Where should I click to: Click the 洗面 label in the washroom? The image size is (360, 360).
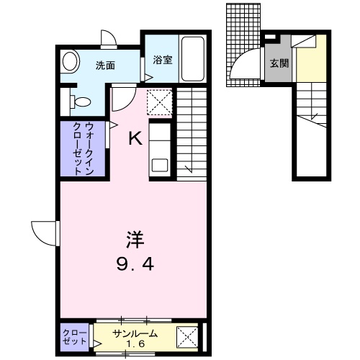pos(106,66)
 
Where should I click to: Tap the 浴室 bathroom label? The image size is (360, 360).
pos(163,60)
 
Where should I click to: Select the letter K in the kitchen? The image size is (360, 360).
pos(135,138)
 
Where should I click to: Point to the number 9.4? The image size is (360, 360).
pos(135,264)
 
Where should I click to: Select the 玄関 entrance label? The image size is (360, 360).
pos(279,63)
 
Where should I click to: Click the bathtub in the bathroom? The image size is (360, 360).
pos(192,58)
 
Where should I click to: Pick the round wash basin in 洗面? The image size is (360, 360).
pos(70,61)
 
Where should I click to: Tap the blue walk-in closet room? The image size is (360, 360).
pos(82,148)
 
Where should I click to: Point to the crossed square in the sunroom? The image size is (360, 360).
pos(188,336)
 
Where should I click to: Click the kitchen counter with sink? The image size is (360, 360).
pos(159,148)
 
